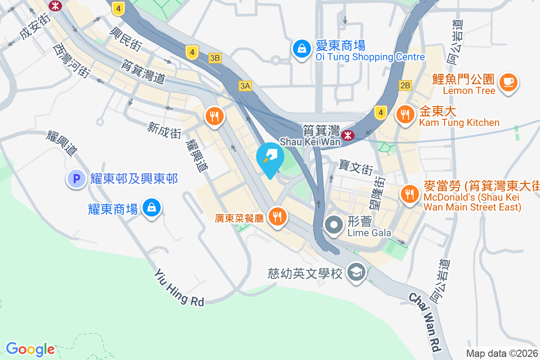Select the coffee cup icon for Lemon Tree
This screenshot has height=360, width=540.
[508, 83]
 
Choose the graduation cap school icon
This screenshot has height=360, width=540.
[357, 273]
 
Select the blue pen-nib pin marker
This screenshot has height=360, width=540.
[270, 158]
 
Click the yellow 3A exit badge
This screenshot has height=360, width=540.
[244, 86]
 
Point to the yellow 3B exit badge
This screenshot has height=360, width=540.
[215, 58]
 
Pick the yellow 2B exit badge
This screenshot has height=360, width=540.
[405, 85]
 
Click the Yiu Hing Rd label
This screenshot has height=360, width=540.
[179, 288]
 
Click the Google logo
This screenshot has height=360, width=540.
[30, 349]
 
